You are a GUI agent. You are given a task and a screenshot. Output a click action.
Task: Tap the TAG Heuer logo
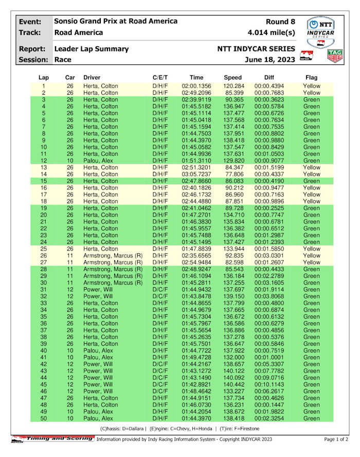335,56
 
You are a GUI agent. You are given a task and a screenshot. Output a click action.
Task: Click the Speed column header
233,77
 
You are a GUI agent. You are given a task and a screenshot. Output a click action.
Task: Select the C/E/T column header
160,77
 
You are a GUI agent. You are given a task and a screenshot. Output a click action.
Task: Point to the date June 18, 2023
270,60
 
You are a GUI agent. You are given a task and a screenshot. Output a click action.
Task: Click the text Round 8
280,22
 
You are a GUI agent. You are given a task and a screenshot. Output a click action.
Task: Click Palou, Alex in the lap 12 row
97,161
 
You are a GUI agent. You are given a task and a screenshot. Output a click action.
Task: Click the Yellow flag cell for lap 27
311,262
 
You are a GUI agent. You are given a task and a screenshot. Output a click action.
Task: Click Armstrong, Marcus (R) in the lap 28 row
113,269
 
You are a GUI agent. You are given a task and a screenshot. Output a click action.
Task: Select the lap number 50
44,418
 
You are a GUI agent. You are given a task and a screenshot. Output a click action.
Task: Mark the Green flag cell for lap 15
311,181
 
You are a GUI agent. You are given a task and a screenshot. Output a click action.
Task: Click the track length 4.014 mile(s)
271,32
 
